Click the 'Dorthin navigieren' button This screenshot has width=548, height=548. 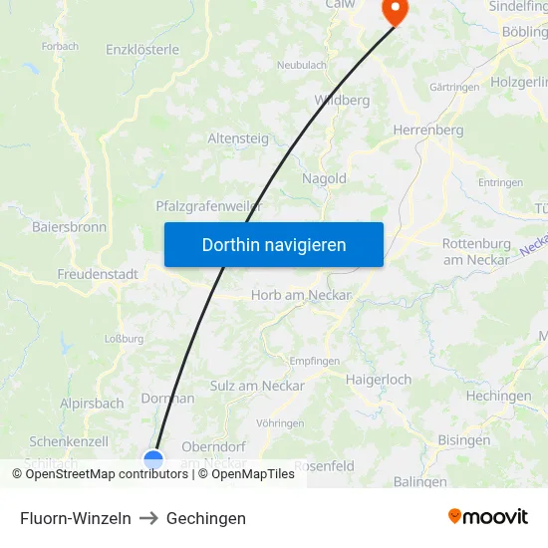pyautogui.click(x=274, y=244)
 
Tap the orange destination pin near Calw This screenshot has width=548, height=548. pyautogui.click(x=395, y=11)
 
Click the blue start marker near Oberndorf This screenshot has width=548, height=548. pyautogui.click(x=153, y=459)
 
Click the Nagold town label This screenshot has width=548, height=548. pyautogui.click(x=324, y=178)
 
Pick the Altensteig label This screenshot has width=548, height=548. pyautogui.click(x=238, y=138)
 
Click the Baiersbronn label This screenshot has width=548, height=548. pyautogui.click(x=69, y=227)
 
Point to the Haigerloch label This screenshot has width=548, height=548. pyautogui.click(x=379, y=380)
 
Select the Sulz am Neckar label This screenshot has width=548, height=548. pyautogui.click(x=257, y=386)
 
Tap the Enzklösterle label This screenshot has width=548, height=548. pyautogui.click(x=142, y=49)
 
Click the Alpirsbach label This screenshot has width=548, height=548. pyautogui.click(x=92, y=404)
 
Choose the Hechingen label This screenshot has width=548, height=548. pyautogui.click(x=498, y=396)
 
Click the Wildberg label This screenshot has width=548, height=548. pyautogui.click(x=342, y=100)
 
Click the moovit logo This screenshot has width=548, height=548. pyautogui.click(x=488, y=516)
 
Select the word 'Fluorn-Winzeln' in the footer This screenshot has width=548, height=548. pyautogui.click(x=76, y=518)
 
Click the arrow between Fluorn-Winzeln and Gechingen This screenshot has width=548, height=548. pyautogui.click(x=148, y=518)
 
